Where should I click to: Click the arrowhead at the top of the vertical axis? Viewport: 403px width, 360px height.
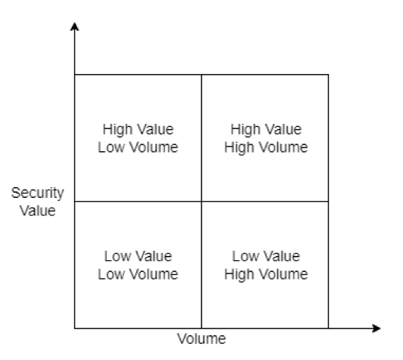click(x=75, y=26)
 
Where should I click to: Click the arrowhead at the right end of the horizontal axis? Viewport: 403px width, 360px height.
click(x=377, y=328)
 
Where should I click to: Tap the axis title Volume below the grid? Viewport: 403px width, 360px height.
click(x=202, y=339)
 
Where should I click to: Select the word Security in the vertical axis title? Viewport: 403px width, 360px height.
click(x=37, y=193)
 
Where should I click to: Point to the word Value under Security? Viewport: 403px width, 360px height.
click(x=37, y=211)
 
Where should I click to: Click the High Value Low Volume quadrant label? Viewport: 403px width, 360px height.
click(x=138, y=138)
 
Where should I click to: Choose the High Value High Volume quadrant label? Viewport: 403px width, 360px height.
click(x=266, y=138)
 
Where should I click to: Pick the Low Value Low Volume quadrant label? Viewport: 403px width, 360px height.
click(x=138, y=265)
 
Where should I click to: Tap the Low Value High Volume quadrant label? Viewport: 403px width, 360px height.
click(x=266, y=265)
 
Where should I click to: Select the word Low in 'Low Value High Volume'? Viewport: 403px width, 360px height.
click(x=245, y=256)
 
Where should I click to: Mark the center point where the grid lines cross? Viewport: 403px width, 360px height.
click(x=202, y=202)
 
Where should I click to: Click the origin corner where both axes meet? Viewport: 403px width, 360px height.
click(x=75, y=328)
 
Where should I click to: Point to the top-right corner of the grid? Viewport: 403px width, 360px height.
click(x=328, y=75)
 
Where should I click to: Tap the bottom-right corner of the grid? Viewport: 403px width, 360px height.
click(x=328, y=328)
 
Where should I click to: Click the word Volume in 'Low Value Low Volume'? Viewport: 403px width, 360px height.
click(x=154, y=274)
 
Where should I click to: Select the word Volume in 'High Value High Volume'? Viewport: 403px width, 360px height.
click(x=284, y=147)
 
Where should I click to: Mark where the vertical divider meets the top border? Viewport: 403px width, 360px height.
click(x=202, y=75)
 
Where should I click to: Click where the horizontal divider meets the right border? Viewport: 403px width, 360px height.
click(x=328, y=202)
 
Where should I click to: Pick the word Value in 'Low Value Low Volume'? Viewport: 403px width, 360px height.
click(x=154, y=256)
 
